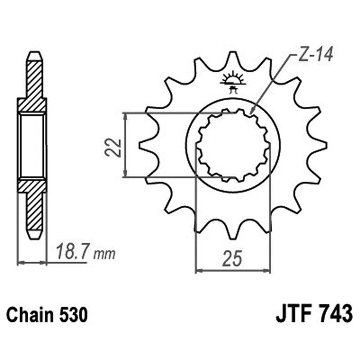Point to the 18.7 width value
coord(72,252)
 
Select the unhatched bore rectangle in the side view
coord(32,145)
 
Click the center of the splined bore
coord(233,146)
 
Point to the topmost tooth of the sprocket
coord(233,56)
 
